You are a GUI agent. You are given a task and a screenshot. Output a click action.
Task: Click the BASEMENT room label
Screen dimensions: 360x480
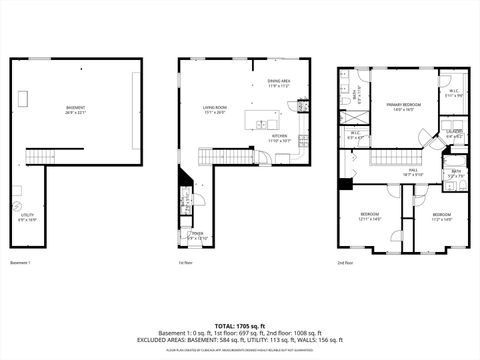coord(76,109)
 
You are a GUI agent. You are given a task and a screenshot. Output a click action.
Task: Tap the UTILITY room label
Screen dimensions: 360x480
coord(26,215)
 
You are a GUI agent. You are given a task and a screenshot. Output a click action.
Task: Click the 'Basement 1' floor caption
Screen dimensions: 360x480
coord(21,263)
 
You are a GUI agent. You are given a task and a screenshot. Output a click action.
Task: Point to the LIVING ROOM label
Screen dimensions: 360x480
coord(215,109)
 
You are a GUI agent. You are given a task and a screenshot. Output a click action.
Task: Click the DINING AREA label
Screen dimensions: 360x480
coord(279,83)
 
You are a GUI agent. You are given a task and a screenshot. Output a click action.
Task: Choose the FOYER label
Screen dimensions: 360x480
coord(198,234)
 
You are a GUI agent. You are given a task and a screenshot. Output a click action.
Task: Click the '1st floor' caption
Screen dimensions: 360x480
coord(185,263)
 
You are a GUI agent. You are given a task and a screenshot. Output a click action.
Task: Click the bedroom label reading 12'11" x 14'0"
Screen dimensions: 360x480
coord(370,216)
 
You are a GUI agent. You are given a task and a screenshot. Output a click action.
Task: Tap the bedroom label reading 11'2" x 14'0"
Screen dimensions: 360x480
coord(441,216)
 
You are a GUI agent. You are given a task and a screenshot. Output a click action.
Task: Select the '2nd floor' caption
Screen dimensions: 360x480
coord(345,263)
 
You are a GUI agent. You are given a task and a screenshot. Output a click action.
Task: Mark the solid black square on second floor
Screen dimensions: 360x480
coord(345,183)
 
